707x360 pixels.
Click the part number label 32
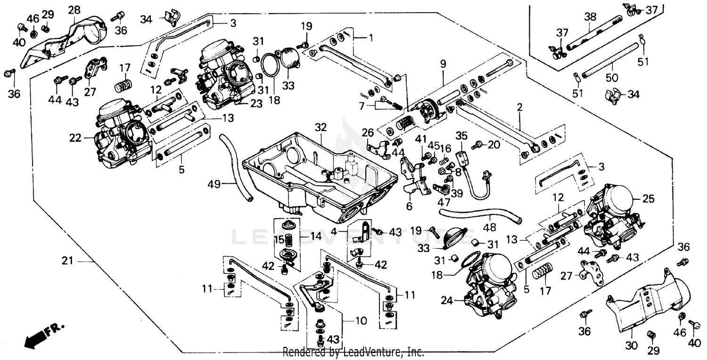tap(321, 127)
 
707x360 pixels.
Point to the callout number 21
tap(68, 260)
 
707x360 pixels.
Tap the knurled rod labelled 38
tap(592, 33)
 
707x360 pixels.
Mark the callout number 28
tap(74, 9)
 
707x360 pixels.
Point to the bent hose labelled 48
tap(481, 215)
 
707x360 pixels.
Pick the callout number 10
tap(361, 321)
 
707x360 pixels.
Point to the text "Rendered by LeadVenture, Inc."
tap(353, 352)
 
